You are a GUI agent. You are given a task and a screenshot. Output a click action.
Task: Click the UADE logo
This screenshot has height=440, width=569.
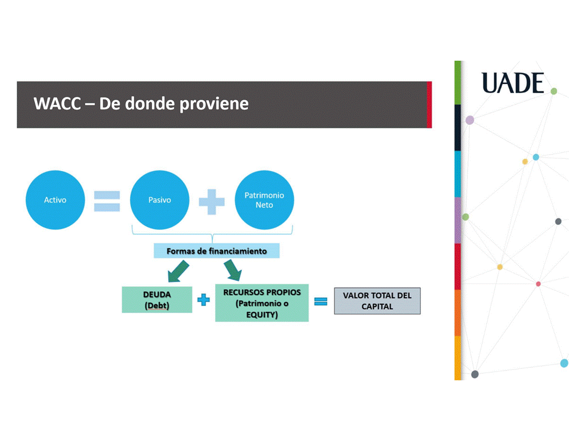(x=512, y=83)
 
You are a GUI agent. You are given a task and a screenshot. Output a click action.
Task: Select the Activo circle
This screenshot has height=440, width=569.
(x=55, y=200)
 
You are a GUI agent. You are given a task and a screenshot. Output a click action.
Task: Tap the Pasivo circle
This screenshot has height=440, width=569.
(x=159, y=200)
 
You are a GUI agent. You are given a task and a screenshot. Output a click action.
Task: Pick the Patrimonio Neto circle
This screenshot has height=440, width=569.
(x=264, y=200)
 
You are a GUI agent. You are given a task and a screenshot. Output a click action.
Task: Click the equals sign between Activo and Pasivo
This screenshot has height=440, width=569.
(x=107, y=200)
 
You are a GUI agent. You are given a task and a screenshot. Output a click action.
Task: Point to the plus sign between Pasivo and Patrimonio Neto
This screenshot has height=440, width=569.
(x=212, y=201)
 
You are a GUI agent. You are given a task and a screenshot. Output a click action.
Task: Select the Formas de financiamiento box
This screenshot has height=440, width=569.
(x=216, y=251)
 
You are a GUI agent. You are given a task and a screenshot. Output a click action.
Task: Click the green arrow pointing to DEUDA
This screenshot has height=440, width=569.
(x=178, y=271)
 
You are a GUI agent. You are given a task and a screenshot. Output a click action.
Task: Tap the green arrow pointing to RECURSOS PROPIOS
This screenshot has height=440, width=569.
(x=233, y=270)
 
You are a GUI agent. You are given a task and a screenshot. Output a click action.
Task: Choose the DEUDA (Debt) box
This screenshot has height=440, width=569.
(x=157, y=300)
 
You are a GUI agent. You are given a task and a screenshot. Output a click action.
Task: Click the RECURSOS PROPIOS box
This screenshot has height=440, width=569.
(x=262, y=303)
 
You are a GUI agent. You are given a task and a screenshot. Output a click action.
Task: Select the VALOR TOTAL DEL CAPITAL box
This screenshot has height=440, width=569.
(x=377, y=301)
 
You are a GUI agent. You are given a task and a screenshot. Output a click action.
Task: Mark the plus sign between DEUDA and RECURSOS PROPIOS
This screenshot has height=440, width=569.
(x=203, y=300)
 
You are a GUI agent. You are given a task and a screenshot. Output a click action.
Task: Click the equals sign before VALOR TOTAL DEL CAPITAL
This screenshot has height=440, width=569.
(x=321, y=302)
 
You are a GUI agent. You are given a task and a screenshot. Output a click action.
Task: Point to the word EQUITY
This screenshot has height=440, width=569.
(x=262, y=315)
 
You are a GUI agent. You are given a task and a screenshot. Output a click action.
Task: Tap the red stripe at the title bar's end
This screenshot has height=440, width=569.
(x=429, y=104)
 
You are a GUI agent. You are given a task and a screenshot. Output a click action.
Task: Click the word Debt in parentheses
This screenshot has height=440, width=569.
(x=157, y=306)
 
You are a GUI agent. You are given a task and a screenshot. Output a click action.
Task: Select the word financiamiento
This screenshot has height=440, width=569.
(x=237, y=251)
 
